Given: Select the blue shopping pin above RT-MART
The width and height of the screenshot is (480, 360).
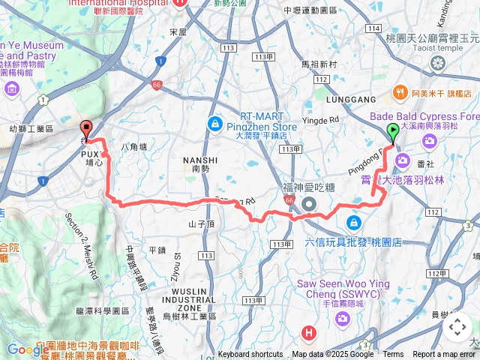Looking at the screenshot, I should click(214, 122).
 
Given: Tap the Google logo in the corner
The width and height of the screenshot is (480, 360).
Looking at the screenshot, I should click(28, 349).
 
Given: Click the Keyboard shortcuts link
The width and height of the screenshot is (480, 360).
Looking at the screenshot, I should click(250, 355).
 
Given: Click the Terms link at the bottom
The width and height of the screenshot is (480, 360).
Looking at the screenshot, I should click(393, 355).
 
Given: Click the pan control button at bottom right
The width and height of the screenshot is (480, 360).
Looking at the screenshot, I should click(457, 327).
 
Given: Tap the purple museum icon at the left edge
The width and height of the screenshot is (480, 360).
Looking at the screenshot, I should click(11, 89).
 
